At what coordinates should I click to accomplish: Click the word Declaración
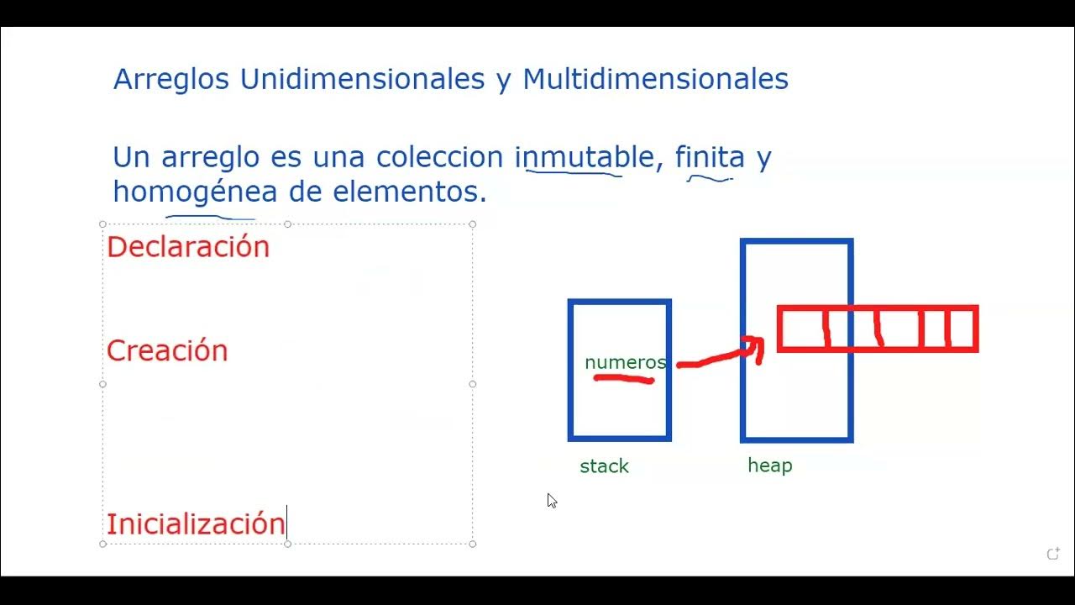pos(188,247)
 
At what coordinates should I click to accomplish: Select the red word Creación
pos(167,351)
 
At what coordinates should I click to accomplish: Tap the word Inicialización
pos(196,524)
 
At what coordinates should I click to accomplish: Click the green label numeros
pos(625,362)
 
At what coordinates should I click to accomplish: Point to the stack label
pos(604,466)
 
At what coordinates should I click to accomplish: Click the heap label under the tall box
pos(769,466)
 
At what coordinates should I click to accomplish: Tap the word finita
pos(710,157)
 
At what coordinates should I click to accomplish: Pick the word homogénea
pos(195,192)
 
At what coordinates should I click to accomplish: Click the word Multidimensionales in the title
pos(655,79)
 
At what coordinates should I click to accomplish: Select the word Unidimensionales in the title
pos(362,79)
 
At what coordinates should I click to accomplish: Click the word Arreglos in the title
pos(172,79)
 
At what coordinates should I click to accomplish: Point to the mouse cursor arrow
pos(551,500)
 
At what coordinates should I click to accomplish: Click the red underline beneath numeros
pos(624,380)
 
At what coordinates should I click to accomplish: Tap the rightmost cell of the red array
pos(962,329)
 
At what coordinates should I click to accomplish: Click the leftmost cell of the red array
pos(802,329)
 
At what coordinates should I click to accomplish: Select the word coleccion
pos(441,157)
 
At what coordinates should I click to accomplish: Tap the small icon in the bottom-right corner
pos(1052,554)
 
